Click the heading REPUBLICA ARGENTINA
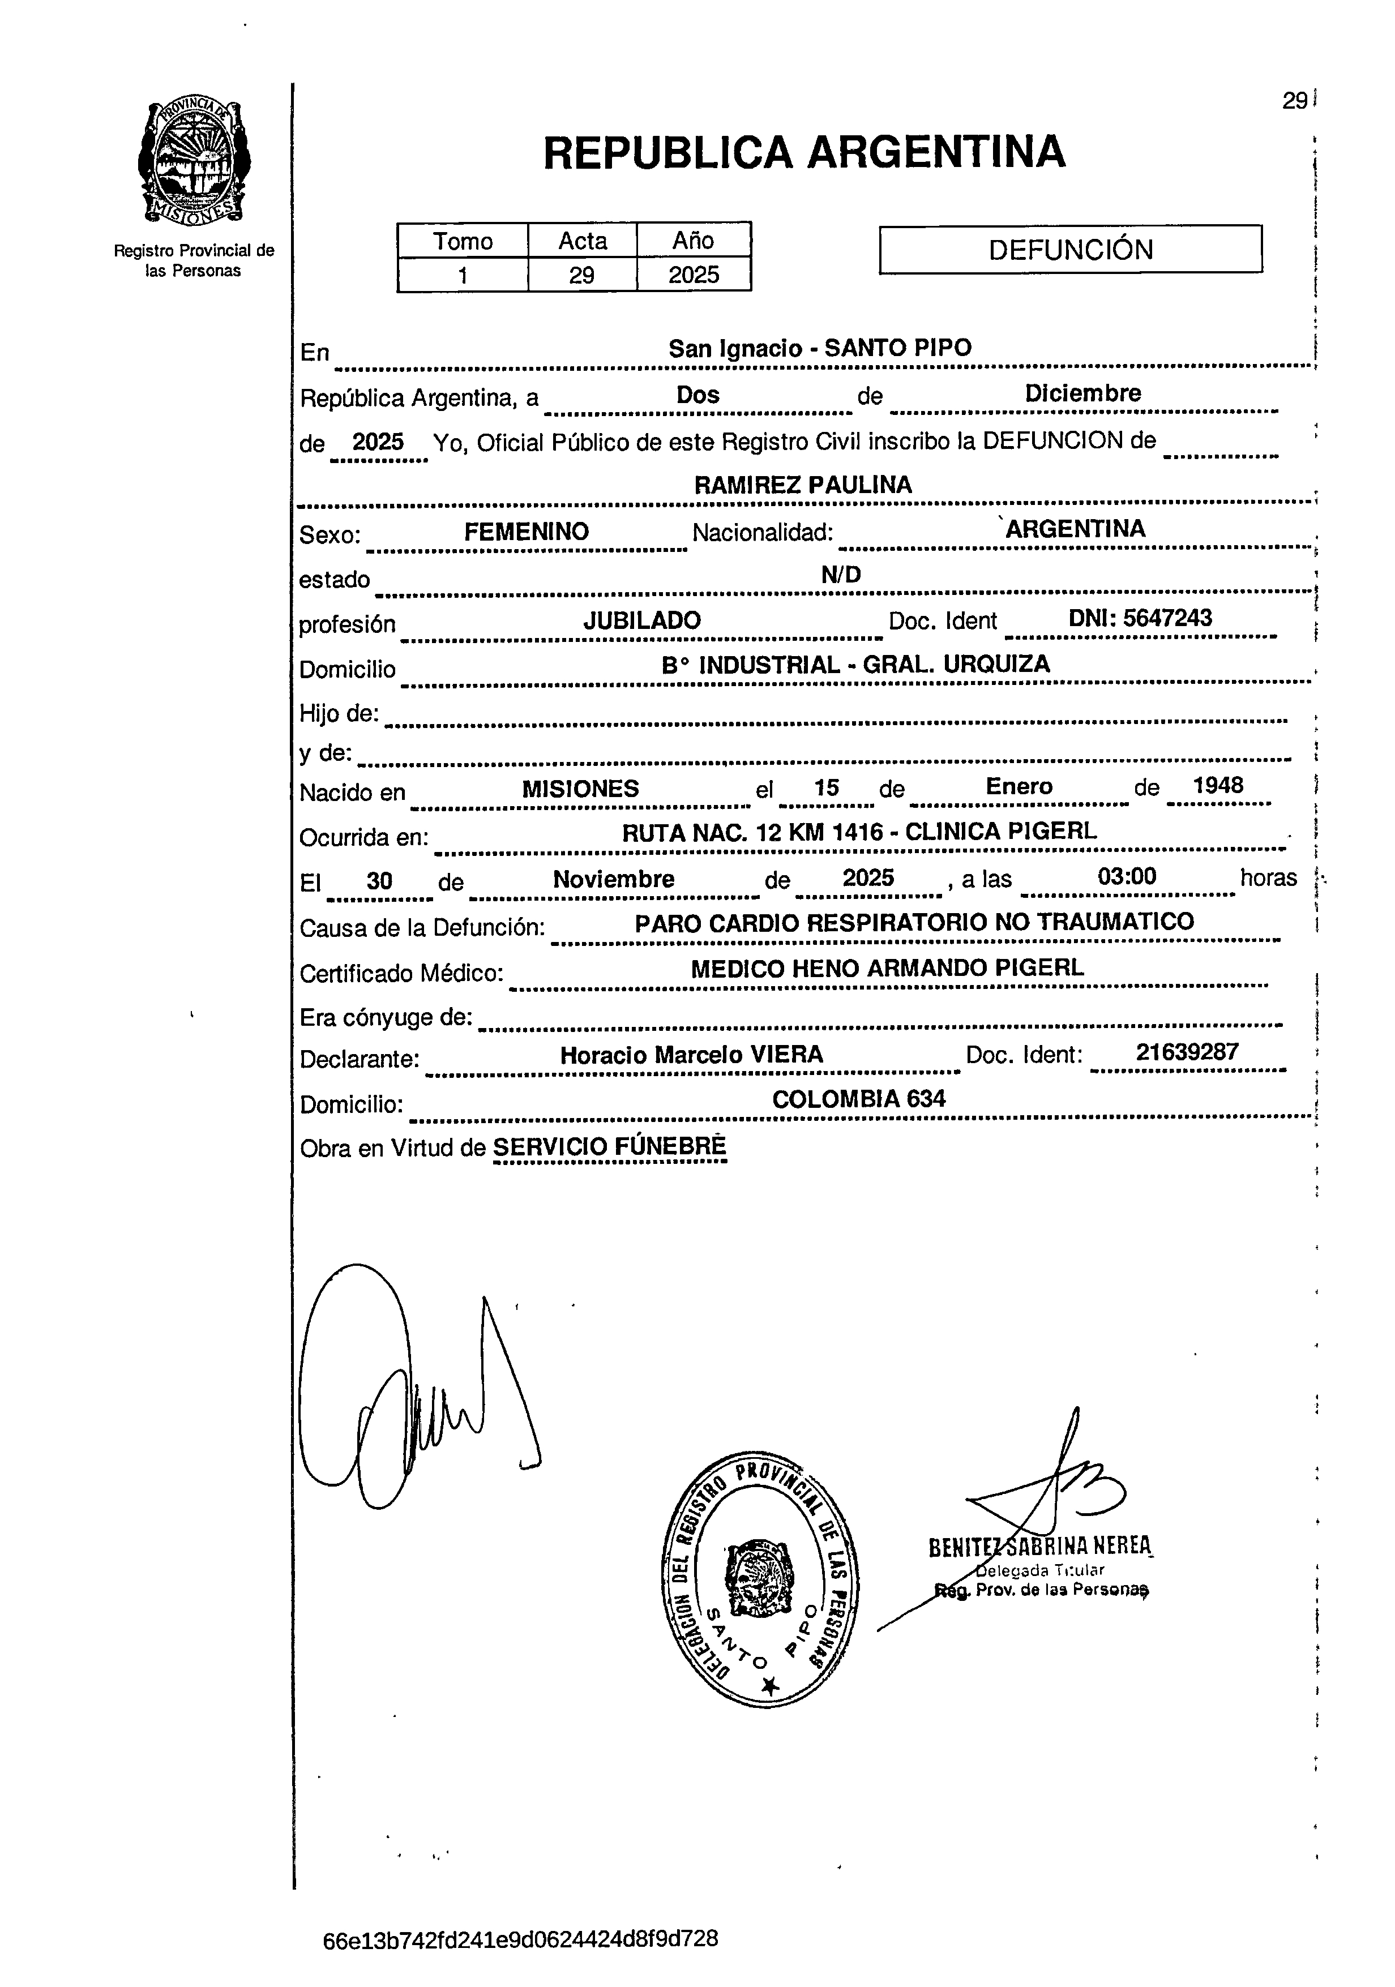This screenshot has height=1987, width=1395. click(804, 152)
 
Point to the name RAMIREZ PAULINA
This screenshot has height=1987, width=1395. click(802, 485)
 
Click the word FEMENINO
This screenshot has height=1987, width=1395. click(526, 532)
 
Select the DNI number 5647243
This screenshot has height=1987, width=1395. click(1141, 618)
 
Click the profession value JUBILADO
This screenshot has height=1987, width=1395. click(641, 620)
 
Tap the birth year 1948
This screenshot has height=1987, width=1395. click(1218, 786)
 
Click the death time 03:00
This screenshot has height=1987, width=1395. click(1126, 877)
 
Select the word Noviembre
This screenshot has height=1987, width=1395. click(614, 879)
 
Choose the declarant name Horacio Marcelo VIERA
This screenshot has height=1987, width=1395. click(691, 1055)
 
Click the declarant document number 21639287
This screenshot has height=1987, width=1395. click(1187, 1052)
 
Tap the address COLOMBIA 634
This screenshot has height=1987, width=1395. click(858, 1099)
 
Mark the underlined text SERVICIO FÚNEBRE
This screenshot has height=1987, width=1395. click(609, 1147)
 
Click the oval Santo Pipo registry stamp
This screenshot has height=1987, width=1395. click(759, 1578)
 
